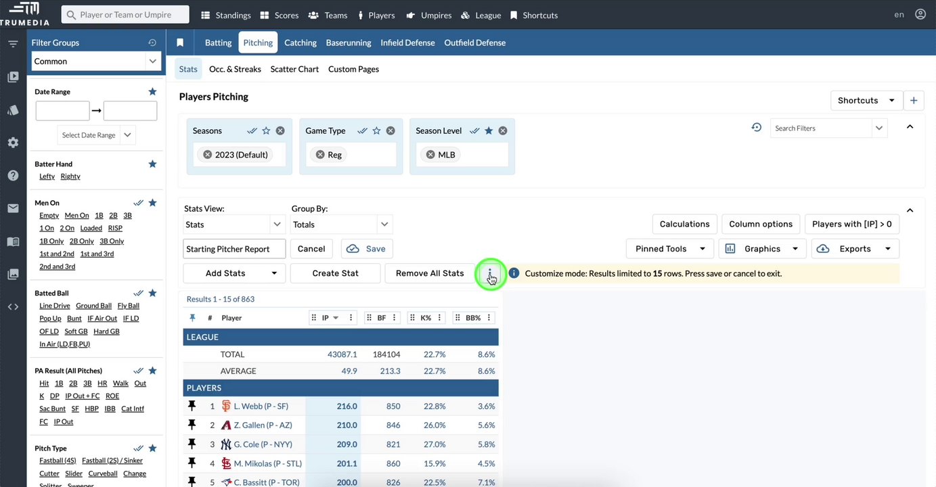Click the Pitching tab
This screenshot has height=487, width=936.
pos(258,43)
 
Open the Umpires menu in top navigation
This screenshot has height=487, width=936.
pos(429,15)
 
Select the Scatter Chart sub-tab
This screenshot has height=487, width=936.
pos(294,69)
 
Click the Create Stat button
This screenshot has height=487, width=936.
pos(335,273)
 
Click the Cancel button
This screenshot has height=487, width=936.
pos(311,249)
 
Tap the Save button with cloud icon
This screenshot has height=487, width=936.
pos(367,249)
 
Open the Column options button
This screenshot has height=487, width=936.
pos(761,224)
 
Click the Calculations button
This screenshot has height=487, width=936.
pos(684,224)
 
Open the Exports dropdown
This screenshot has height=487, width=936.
pos(855,249)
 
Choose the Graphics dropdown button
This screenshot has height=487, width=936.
pos(763,249)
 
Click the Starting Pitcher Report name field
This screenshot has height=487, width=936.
pos(234,249)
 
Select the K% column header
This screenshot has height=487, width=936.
pos(426,318)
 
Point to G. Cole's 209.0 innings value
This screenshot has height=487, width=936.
pos(347,444)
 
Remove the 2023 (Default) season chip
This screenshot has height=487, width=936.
pos(208,155)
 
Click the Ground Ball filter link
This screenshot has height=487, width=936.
pos(93,306)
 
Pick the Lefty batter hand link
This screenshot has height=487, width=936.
pos(47,177)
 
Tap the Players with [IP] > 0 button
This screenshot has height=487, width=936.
pos(851,224)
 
